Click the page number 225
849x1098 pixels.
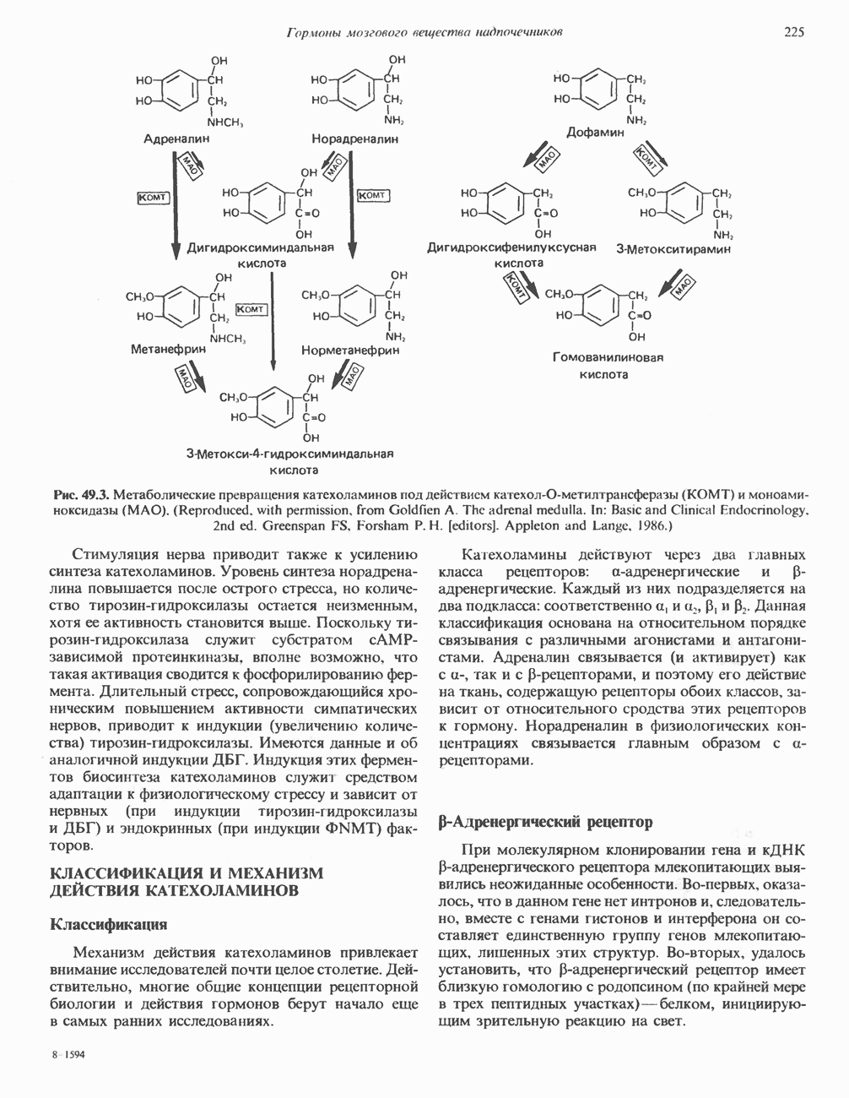pyautogui.click(x=793, y=32)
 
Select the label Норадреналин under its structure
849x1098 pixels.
pyautogui.click(x=354, y=138)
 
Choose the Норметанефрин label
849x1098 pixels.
pyautogui.click(x=350, y=349)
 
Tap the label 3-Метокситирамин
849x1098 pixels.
pyautogui.click(x=673, y=249)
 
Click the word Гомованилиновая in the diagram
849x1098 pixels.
pyautogui.click(x=608, y=357)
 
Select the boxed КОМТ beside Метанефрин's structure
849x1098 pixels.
pyautogui.click(x=251, y=310)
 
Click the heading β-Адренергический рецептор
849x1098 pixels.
pyautogui.click(x=546, y=822)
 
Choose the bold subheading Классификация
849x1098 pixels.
pyautogui.click(x=109, y=924)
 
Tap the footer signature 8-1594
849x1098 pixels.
pyautogui.click(x=68, y=1056)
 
